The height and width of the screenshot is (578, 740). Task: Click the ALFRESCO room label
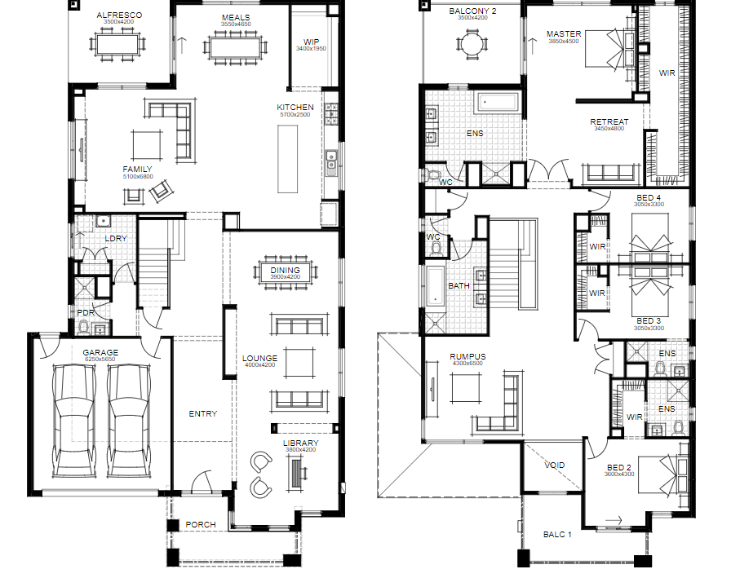pyautogui.click(x=119, y=15)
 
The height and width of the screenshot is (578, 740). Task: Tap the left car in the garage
pyautogui.click(x=73, y=421)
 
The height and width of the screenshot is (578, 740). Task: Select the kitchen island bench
pyautogui.click(x=287, y=159)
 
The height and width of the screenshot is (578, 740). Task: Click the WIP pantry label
pyautogui.click(x=311, y=42)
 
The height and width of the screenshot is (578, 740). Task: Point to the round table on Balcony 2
pyautogui.click(x=472, y=46)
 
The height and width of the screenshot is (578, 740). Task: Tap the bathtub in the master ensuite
pyautogui.click(x=498, y=102)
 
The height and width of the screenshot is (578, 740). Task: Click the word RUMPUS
pyautogui.click(x=467, y=357)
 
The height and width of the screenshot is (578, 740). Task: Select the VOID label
pyautogui.click(x=555, y=465)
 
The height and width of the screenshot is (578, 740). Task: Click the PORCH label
pyautogui.click(x=201, y=525)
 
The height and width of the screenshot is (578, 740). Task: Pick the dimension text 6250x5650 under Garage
pyautogui.click(x=100, y=360)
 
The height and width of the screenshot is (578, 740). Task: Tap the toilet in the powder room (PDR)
pyautogui.click(x=83, y=327)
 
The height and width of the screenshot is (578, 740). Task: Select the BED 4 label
pyautogui.click(x=649, y=197)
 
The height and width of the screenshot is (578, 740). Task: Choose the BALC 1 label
pyautogui.click(x=557, y=535)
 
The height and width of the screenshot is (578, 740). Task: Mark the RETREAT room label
pyautogui.click(x=609, y=121)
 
